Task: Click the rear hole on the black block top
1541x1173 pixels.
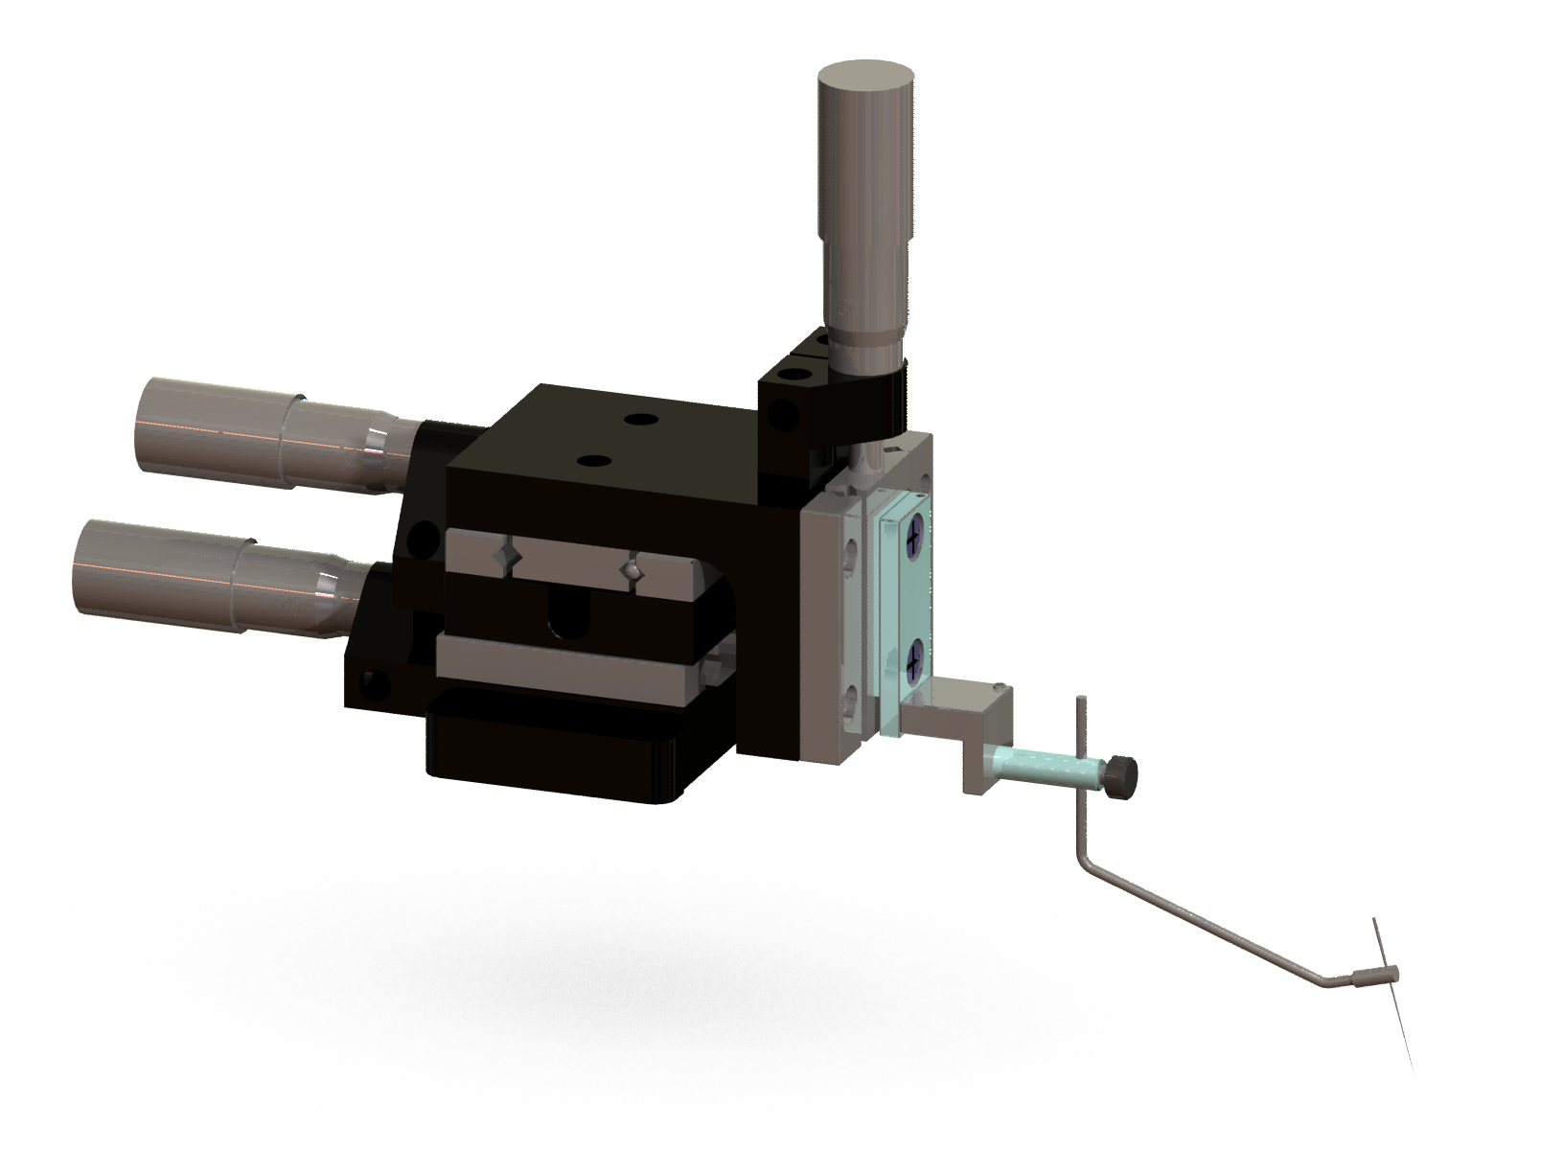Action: pos(636,419)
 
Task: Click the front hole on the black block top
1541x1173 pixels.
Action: pos(595,462)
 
